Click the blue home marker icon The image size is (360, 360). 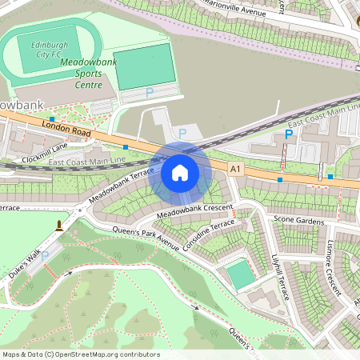click(x=180, y=172)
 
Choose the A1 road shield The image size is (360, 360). click(x=234, y=169)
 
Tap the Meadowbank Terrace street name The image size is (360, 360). click(x=121, y=185)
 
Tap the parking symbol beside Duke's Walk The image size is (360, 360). click(x=45, y=256)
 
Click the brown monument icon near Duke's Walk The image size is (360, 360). click(x=58, y=226)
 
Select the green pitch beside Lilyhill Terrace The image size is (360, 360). click(x=240, y=275)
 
